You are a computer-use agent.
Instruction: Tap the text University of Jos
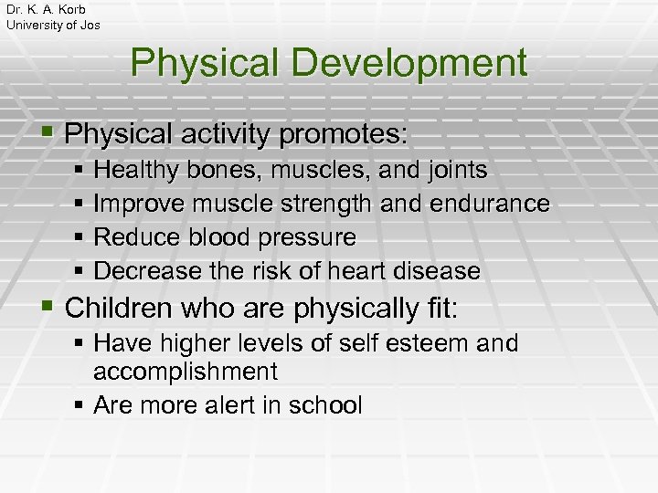click(x=53, y=25)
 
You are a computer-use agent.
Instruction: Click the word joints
click(x=454, y=170)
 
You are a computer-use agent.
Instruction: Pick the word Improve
click(x=139, y=204)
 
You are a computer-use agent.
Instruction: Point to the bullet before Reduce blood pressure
click(x=80, y=237)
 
